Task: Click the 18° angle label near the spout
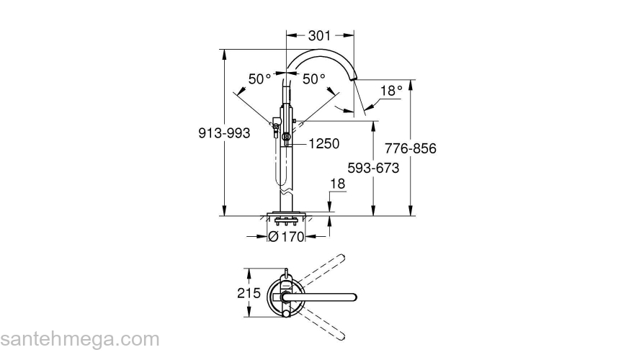pyautogui.click(x=390, y=91)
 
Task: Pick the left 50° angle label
pyautogui.click(x=259, y=80)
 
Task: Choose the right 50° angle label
pyautogui.click(x=313, y=80)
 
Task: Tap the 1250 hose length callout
pyautogui.click(x=323, y=144)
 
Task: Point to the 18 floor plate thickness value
pyautogui.click(x=337, y=184)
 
